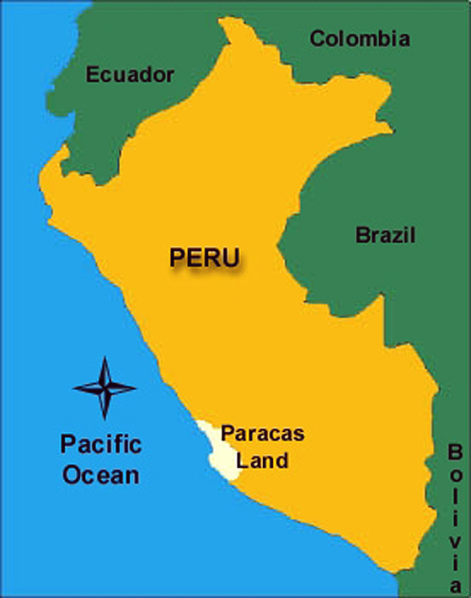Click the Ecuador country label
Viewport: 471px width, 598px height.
click(x=130, y=75)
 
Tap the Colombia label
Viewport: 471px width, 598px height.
click(x=360, y=39)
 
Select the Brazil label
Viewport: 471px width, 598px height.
click(x=385, y=235)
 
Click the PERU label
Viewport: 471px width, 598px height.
click(x=204, y=257)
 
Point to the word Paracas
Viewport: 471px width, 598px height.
click(x=262, y=435)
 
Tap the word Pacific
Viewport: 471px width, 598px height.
click(x=101, y=445)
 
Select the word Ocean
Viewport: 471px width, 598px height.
click(x=101, y=474)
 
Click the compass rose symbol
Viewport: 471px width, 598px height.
click(x=104, y=387)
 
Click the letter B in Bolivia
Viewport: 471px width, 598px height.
click(x=455, y=451)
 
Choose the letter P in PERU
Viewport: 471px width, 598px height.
click(x=177, y=258)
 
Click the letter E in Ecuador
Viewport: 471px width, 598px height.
click(x=92, y=75)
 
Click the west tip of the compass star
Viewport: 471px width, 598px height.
click(x=74, y=387)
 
